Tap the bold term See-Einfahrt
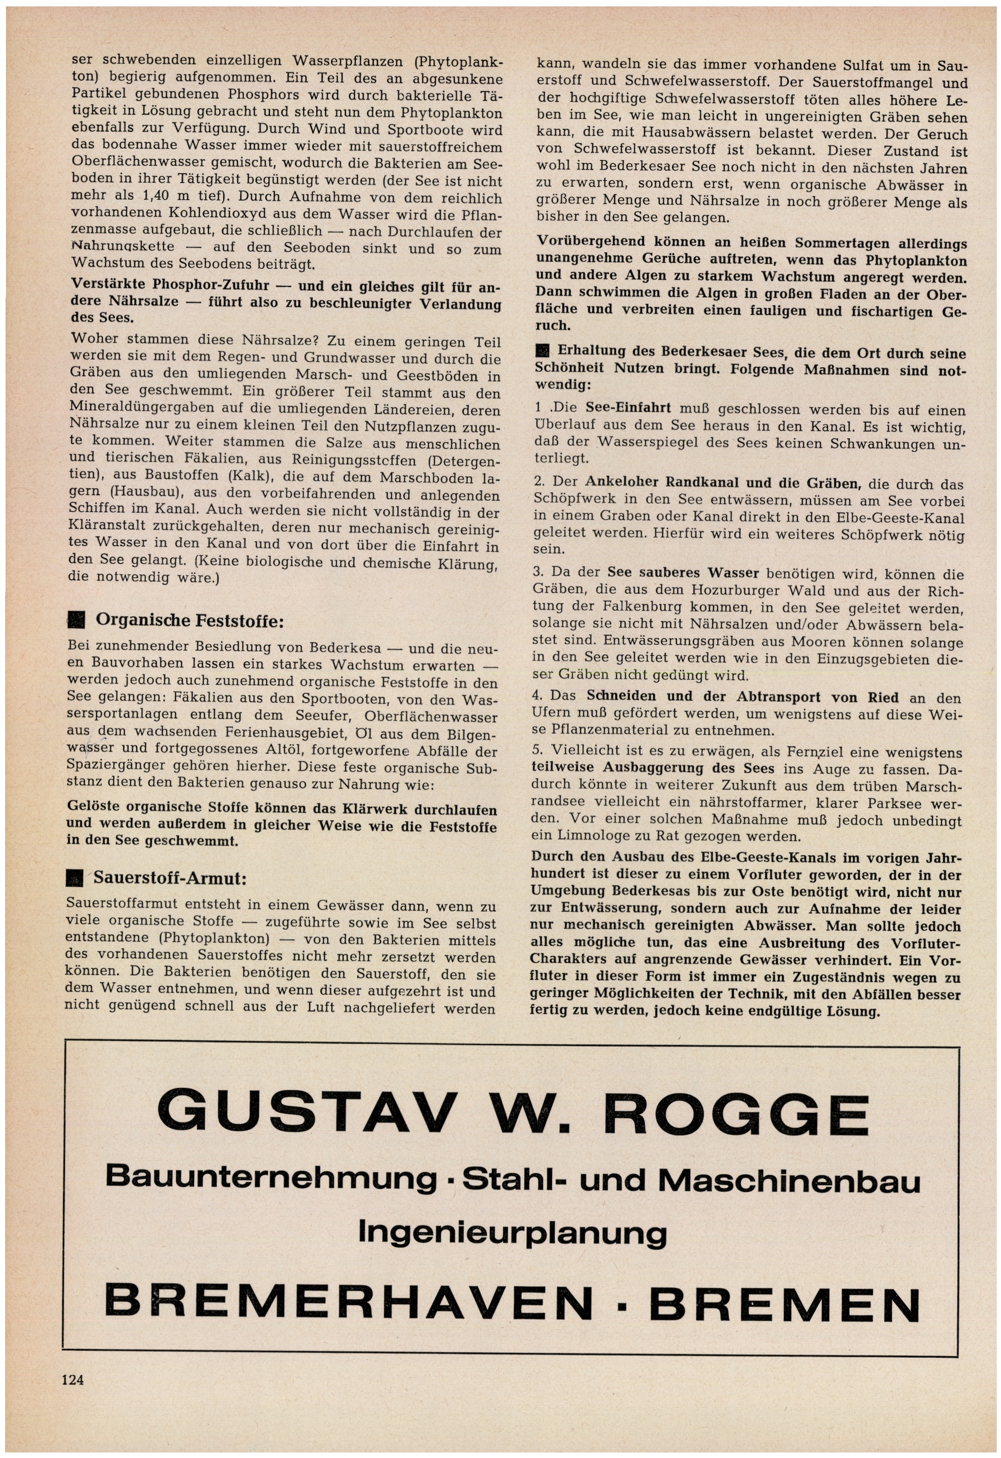click(x=629, y=408)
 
